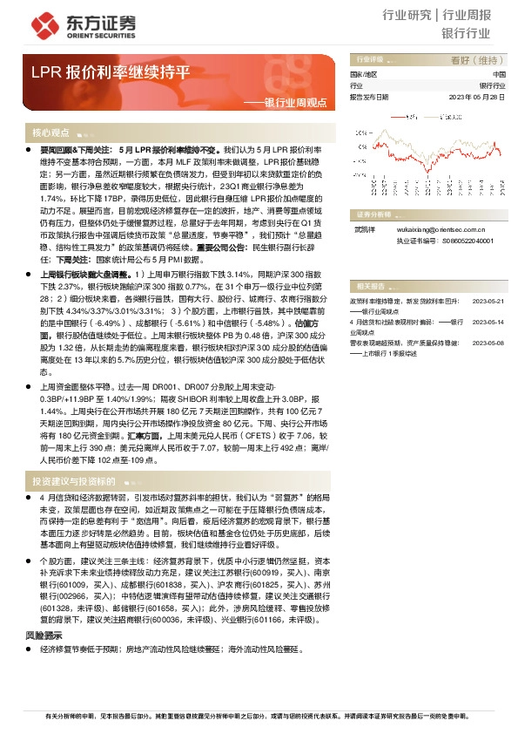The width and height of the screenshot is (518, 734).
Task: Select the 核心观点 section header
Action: [50, 133]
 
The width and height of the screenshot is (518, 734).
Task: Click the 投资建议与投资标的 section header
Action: [74, 479]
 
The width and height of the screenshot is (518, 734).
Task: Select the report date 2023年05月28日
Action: [478, 97]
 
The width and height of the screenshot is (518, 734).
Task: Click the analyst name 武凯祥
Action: [364, 231]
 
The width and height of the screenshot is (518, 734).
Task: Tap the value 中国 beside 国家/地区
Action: [499, 76]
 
